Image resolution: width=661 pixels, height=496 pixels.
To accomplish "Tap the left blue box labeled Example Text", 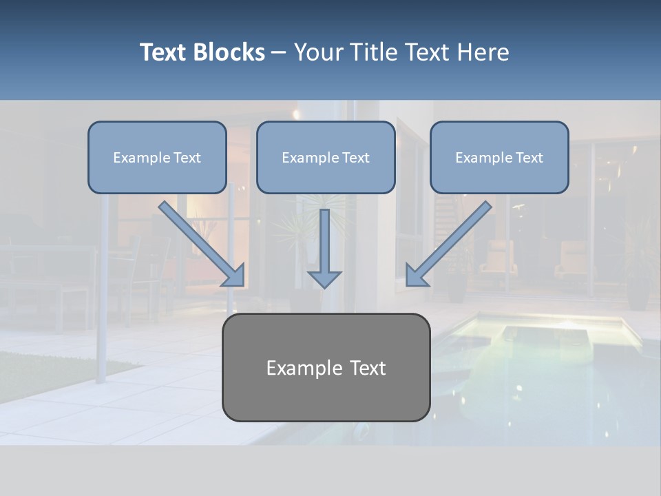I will click(157, 157).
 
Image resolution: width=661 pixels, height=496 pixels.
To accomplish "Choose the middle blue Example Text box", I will click(326, 157).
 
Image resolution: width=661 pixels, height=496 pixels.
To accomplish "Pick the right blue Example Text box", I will click(499, 157).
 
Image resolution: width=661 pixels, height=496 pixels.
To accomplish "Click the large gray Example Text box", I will click(326, 367).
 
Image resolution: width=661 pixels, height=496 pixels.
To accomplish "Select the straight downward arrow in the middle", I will click(324, 241).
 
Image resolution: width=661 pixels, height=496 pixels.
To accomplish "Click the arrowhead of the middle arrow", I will click(324, 279).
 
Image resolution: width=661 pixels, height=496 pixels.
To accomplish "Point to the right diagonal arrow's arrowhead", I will click(416, 276).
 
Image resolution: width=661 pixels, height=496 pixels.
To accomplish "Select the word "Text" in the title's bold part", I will click(165, 52).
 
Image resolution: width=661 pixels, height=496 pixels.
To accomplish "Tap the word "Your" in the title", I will click(317, 52).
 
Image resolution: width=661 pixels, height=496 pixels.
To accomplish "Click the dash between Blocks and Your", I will click(279, 53).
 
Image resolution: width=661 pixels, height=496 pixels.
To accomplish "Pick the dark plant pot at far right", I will click(638, 293).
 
